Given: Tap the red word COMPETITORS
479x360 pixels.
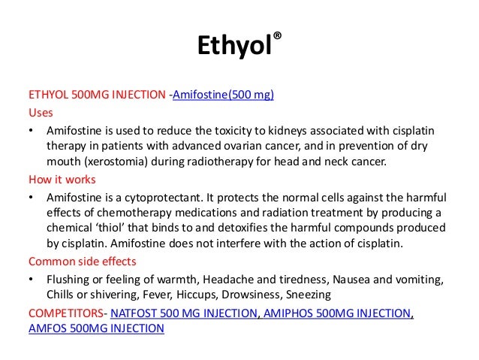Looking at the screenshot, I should click(65, 312).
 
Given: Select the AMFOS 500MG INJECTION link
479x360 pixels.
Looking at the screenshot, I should click(95, 328).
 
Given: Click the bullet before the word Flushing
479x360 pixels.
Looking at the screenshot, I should click(31, 279).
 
